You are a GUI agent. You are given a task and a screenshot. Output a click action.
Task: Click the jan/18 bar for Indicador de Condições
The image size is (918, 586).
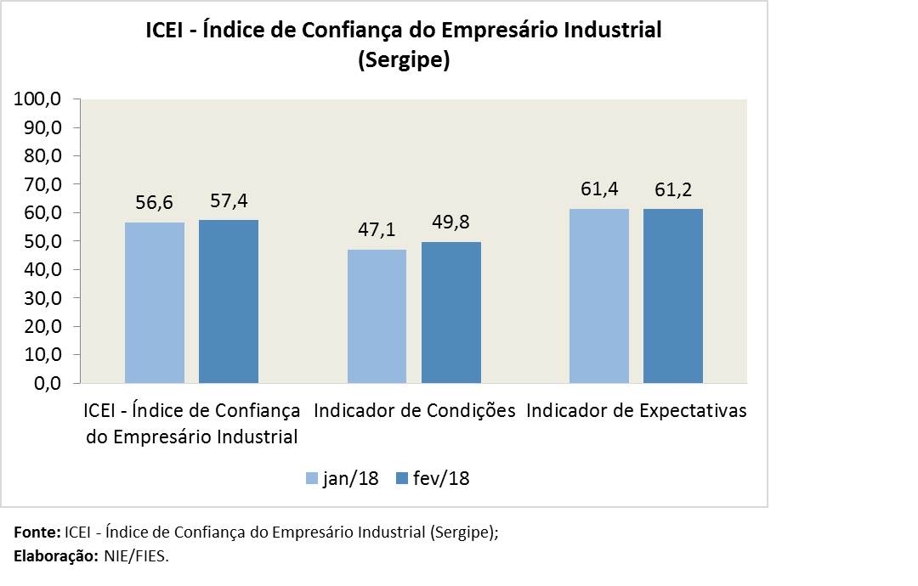377,316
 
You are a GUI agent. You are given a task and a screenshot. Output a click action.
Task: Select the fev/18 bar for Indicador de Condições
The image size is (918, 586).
451,313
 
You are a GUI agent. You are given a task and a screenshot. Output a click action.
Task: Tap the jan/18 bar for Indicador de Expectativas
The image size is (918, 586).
599,296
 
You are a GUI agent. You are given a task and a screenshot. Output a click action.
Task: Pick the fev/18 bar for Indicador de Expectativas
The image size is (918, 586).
673,296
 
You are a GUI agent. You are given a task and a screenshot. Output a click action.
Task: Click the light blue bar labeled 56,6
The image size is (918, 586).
155,302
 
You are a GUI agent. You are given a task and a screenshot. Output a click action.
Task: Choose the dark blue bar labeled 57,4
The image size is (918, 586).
229,301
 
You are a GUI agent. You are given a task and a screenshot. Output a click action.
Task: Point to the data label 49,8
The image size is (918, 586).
451,223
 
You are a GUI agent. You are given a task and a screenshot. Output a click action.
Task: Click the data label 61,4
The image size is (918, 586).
599,189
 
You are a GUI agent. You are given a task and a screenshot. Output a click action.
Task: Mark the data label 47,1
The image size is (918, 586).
377,230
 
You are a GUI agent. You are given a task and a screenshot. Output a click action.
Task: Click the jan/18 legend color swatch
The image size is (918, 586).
312,479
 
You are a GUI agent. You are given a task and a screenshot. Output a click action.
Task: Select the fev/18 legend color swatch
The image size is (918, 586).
402,479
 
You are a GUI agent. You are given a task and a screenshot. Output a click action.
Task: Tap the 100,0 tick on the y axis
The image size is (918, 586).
37,99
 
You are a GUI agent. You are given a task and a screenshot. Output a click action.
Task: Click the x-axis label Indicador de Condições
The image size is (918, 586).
415,411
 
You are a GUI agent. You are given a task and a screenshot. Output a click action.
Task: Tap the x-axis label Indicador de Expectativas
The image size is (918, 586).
637,411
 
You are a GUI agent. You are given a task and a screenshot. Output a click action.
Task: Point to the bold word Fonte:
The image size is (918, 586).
37,532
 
